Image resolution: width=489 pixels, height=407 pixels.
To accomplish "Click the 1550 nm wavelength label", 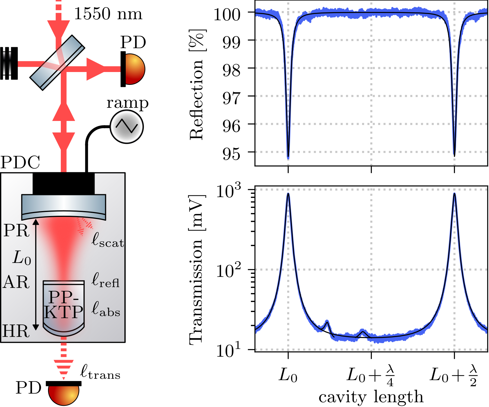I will (x=108, y=14).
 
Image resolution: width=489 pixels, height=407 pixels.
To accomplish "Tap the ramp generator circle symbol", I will (x=127, y=127).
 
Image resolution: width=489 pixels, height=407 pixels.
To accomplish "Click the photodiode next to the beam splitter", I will (x=133, y=69).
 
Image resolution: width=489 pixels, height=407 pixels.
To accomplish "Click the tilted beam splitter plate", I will (x=57, y=62).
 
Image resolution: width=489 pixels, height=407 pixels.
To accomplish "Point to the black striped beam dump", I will (x=9, y=63).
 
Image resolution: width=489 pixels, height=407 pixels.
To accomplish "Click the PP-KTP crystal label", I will (x=64, y=305).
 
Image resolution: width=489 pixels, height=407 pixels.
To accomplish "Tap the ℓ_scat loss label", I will (x=108, y=241).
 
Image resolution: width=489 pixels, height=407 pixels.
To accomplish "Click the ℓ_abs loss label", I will (x=106, y=310).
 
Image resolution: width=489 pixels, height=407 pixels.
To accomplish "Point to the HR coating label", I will (x=16, y=331).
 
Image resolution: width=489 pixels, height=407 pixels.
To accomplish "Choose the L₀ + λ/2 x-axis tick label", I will (x=454, y=376).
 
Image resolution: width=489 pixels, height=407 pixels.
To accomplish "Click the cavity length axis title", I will (x=371, y=397).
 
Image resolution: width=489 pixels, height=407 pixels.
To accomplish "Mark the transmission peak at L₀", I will (x=288, y=194).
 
